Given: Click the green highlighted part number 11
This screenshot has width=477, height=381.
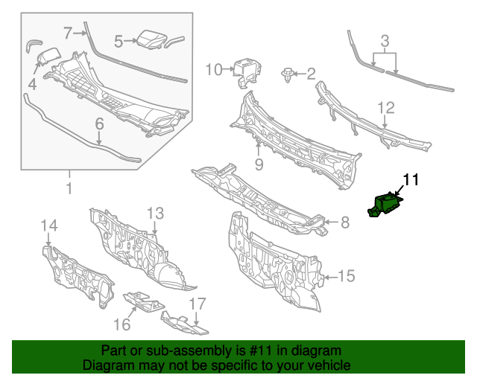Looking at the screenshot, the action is [x=385, y=205].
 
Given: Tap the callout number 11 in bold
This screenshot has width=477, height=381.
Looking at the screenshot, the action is [x=411, y=179].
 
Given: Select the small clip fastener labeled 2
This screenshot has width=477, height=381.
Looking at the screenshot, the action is [x=286, y=75].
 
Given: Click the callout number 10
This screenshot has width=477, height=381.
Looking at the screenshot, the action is [x=214, y=69].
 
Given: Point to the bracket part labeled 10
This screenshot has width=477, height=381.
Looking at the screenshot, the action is [x=247, y=72].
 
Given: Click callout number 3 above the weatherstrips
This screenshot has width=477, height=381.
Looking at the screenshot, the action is [x=385, y=41].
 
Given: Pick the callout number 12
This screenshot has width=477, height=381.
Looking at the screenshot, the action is [x=386, y=108].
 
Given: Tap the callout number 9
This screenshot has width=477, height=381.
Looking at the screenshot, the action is [x=259, y=164].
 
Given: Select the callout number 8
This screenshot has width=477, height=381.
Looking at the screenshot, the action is [x=345, y=222].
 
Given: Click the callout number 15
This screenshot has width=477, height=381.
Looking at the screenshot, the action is [x=347, y=276].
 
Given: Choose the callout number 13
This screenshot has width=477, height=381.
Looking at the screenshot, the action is [x=156, y=214].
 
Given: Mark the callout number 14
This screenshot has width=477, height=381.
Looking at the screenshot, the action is [x=49, y=225].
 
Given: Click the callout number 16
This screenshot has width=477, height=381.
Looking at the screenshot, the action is [x=122, y=324].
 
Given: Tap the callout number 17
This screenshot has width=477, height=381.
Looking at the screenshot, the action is [x=198, y=304].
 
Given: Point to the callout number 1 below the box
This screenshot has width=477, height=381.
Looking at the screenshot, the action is [x=69, y=188].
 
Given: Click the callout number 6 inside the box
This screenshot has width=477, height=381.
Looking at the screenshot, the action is [x=99, y=124].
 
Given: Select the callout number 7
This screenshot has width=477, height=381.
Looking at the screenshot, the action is [x=69, y=33].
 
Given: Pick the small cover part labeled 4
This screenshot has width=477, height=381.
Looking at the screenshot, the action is [x=48, y=57].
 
